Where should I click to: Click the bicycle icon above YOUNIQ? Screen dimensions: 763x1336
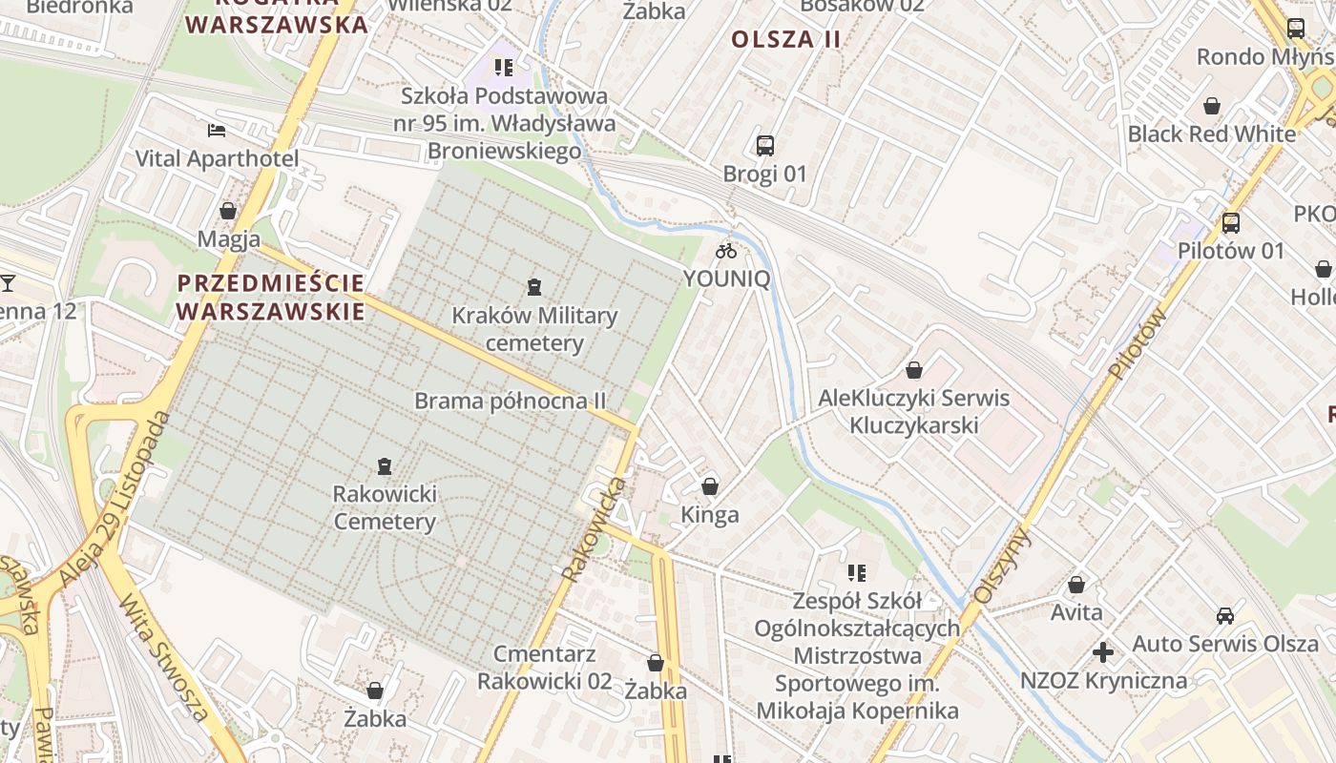tap(726, 251)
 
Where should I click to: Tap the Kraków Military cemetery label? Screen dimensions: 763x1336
tap(534, 329)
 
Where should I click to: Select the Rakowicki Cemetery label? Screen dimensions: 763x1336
tap(385, 507)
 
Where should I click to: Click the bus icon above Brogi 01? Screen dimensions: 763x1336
tap(765, 146)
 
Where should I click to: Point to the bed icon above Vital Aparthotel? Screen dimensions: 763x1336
tap(217, 131)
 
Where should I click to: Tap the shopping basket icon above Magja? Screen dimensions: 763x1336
tap(228, 211)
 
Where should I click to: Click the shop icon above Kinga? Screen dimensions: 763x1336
tap(710, 487)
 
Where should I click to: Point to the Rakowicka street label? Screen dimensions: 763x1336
tap(594, 530)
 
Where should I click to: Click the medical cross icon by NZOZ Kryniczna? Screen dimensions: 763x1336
tap(1103, 652)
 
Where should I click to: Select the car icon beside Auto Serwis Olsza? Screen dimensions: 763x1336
tap(1225, 616)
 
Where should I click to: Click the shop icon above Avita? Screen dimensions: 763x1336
tap(1076, 585)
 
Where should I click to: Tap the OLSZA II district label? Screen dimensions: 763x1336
tap(786, 39)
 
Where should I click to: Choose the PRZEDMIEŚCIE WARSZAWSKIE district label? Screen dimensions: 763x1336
tap(270, 297)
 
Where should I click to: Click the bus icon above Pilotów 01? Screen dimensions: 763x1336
tap(1231, 223)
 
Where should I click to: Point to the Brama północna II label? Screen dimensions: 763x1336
tap(511, 401)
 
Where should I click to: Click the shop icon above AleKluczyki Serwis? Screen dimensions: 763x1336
tap(914, 370)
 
